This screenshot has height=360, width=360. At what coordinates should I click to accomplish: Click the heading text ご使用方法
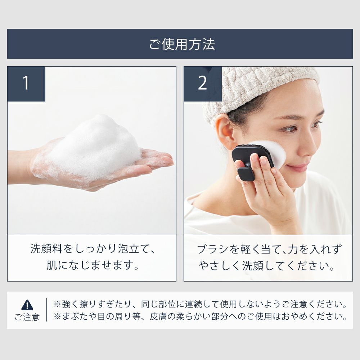coord(182,44)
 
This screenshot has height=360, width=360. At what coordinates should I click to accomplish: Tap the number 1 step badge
coord(26,84)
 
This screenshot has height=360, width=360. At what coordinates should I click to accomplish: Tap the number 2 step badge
coord(202,84)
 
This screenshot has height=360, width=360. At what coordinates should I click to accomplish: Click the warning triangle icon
coord(27,305)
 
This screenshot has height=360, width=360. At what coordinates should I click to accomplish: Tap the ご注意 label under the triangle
coord(27,317)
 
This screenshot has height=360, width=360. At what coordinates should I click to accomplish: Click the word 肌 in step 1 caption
coord(52,265)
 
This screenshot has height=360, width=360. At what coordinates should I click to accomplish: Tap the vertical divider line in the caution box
coord(46,310)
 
